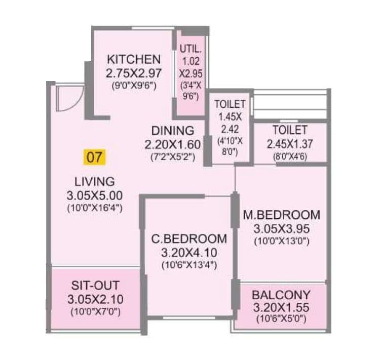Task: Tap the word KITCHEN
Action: pos(134,59)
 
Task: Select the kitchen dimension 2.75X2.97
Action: pos(134,73)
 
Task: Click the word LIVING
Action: pos(95,181)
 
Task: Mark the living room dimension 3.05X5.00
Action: pos(95,195)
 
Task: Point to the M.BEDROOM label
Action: pos(282,214)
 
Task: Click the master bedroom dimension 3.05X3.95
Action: pos(282,228)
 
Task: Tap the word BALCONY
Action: pos(282,294)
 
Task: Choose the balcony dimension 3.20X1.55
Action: pos(282,307)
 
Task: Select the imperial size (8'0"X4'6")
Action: pos(289,156)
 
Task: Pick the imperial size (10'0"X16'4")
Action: pos(95,207)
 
